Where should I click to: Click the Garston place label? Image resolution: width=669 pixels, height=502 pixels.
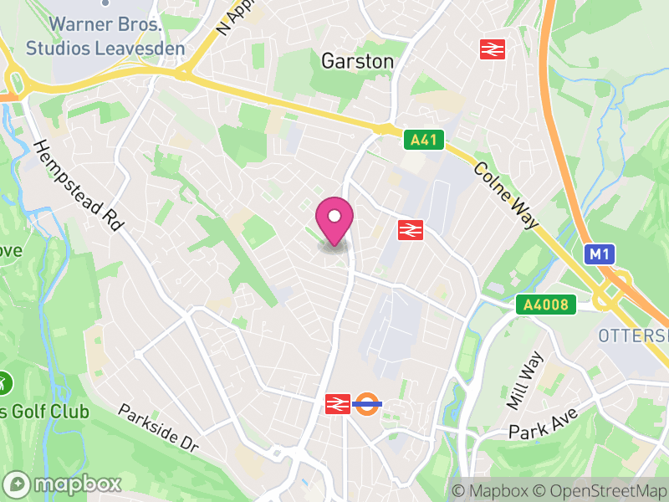[357, 61]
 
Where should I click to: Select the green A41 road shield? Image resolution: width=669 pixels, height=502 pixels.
[422, 140]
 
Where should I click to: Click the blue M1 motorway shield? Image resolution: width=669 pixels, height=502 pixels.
[598, 254]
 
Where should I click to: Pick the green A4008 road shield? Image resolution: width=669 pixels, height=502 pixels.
[547, 305]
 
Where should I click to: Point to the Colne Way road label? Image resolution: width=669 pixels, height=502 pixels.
[506, 195]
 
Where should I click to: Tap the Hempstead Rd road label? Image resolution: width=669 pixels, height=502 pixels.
[79, 185]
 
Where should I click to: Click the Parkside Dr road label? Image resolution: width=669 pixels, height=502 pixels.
[158, 428]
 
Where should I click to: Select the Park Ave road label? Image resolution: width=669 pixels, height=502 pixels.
[544, 423]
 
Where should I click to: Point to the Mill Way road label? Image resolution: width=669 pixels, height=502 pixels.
[524, 381]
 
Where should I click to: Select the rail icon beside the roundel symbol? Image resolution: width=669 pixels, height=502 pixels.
[337, 404]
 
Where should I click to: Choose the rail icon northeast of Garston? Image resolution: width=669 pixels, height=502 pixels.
[492, 49]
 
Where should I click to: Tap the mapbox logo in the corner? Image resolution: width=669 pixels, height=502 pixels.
[63, 484]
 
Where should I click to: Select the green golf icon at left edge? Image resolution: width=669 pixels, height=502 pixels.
[4, 383]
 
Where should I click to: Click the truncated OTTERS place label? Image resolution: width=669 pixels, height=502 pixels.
[633, 336]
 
